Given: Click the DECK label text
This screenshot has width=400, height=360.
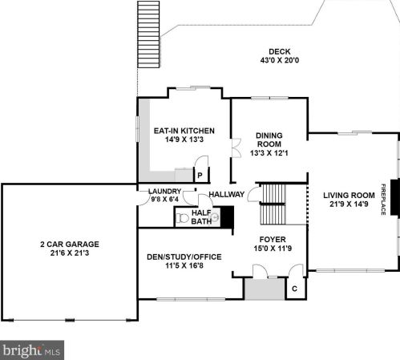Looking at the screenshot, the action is [280, 51].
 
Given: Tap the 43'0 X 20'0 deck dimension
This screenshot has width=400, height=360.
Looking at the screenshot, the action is [280, 60].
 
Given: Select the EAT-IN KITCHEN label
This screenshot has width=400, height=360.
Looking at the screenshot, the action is [184, 131].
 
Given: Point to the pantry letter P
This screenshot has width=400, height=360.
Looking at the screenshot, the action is [200, 176].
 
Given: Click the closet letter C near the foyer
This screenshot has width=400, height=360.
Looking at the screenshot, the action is [294, 289].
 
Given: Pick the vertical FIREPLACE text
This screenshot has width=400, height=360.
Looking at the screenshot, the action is [383, 200].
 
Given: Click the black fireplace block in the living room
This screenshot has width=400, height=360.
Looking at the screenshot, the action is [395, 197].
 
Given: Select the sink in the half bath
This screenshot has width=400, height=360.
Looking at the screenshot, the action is [215, 217].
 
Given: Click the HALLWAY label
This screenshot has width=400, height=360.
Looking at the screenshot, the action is [227, 194].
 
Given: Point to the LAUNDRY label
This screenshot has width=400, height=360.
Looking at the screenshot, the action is [165, 192].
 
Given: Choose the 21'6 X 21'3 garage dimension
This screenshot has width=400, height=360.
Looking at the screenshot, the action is [70, 253].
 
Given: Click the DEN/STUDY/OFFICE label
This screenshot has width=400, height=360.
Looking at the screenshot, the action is [184, 257].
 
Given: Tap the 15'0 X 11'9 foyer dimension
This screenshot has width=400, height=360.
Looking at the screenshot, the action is [273, 249].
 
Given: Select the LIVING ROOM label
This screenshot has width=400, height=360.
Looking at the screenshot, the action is [349, 196].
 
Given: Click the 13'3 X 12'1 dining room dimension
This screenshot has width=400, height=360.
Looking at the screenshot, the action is [269, 153].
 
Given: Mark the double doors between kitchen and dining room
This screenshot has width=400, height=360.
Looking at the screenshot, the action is [236, 148].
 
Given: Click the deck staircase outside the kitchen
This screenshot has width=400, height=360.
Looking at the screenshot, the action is [148, 34].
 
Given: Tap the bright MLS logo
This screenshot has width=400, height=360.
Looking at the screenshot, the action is [32, 350].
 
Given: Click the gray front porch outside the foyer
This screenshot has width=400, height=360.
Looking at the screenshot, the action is [265, 289].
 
